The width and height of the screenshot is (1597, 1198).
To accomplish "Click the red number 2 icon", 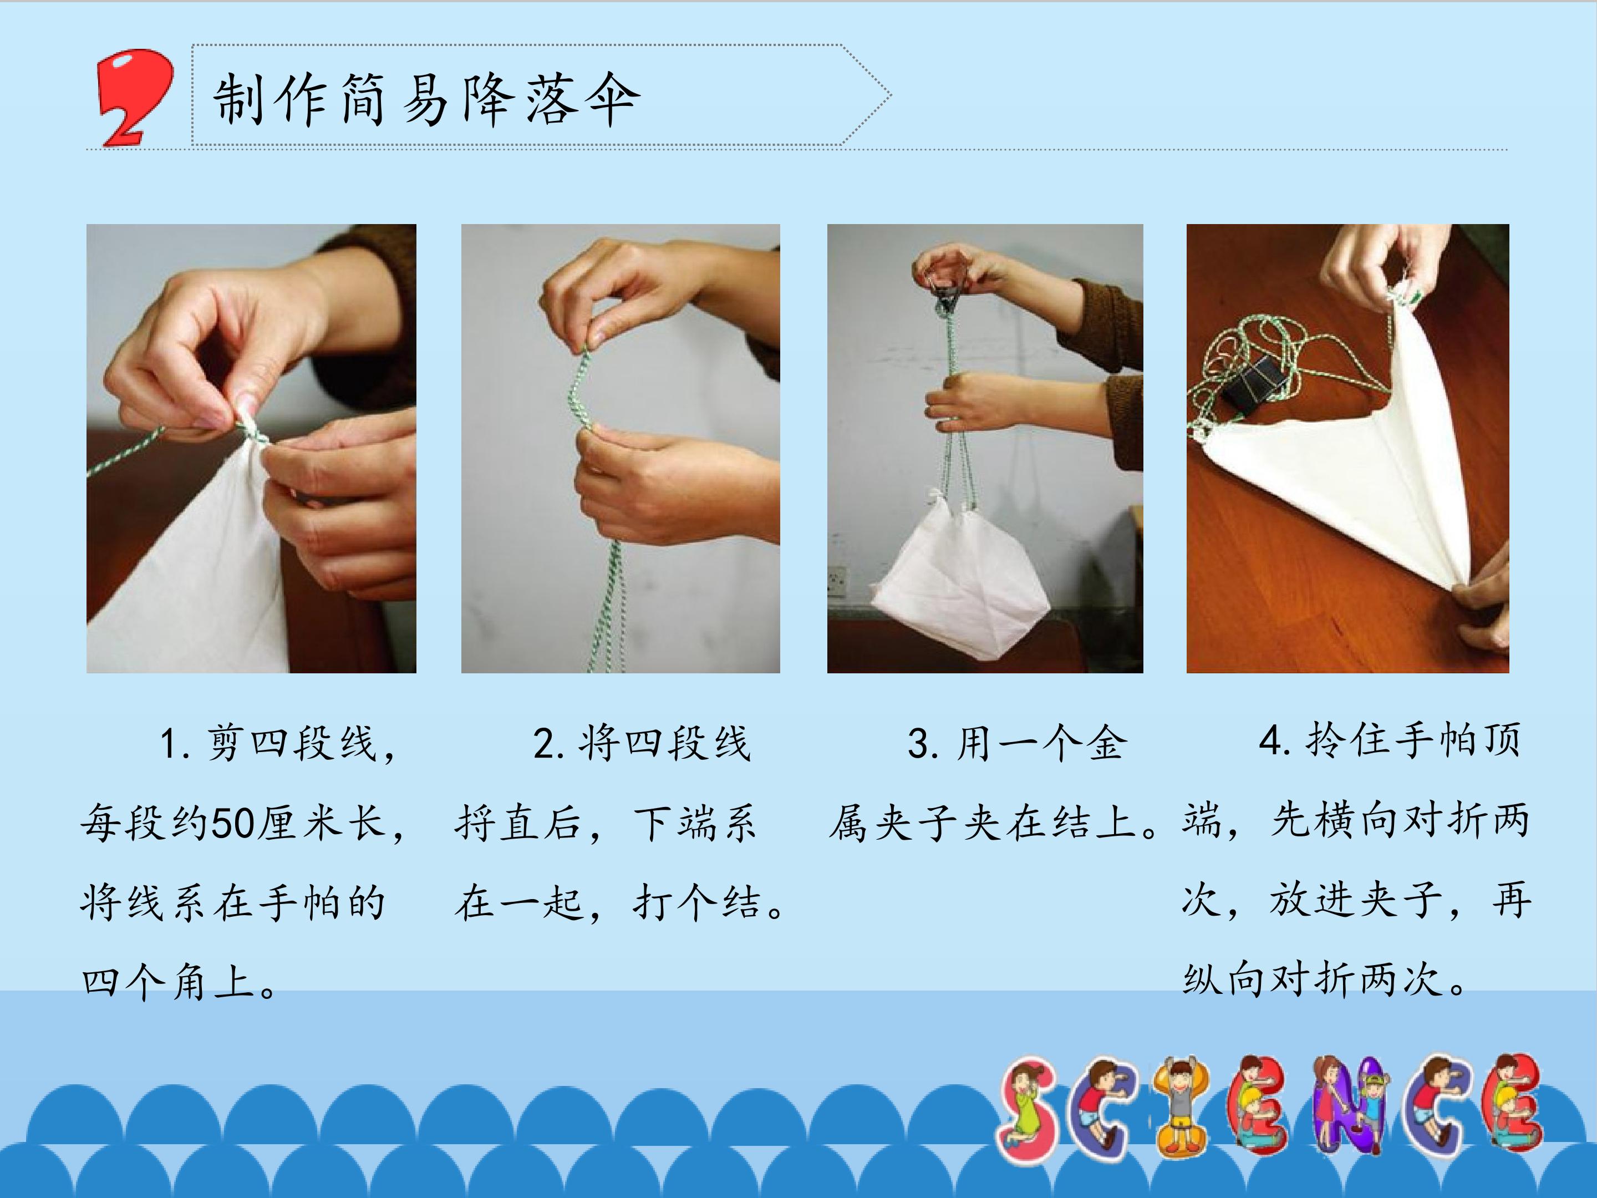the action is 134,98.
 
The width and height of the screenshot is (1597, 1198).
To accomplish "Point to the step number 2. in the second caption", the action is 549,743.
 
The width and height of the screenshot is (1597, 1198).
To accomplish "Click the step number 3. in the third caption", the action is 923,743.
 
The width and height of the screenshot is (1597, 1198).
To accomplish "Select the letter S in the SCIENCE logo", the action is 1028,1111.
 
